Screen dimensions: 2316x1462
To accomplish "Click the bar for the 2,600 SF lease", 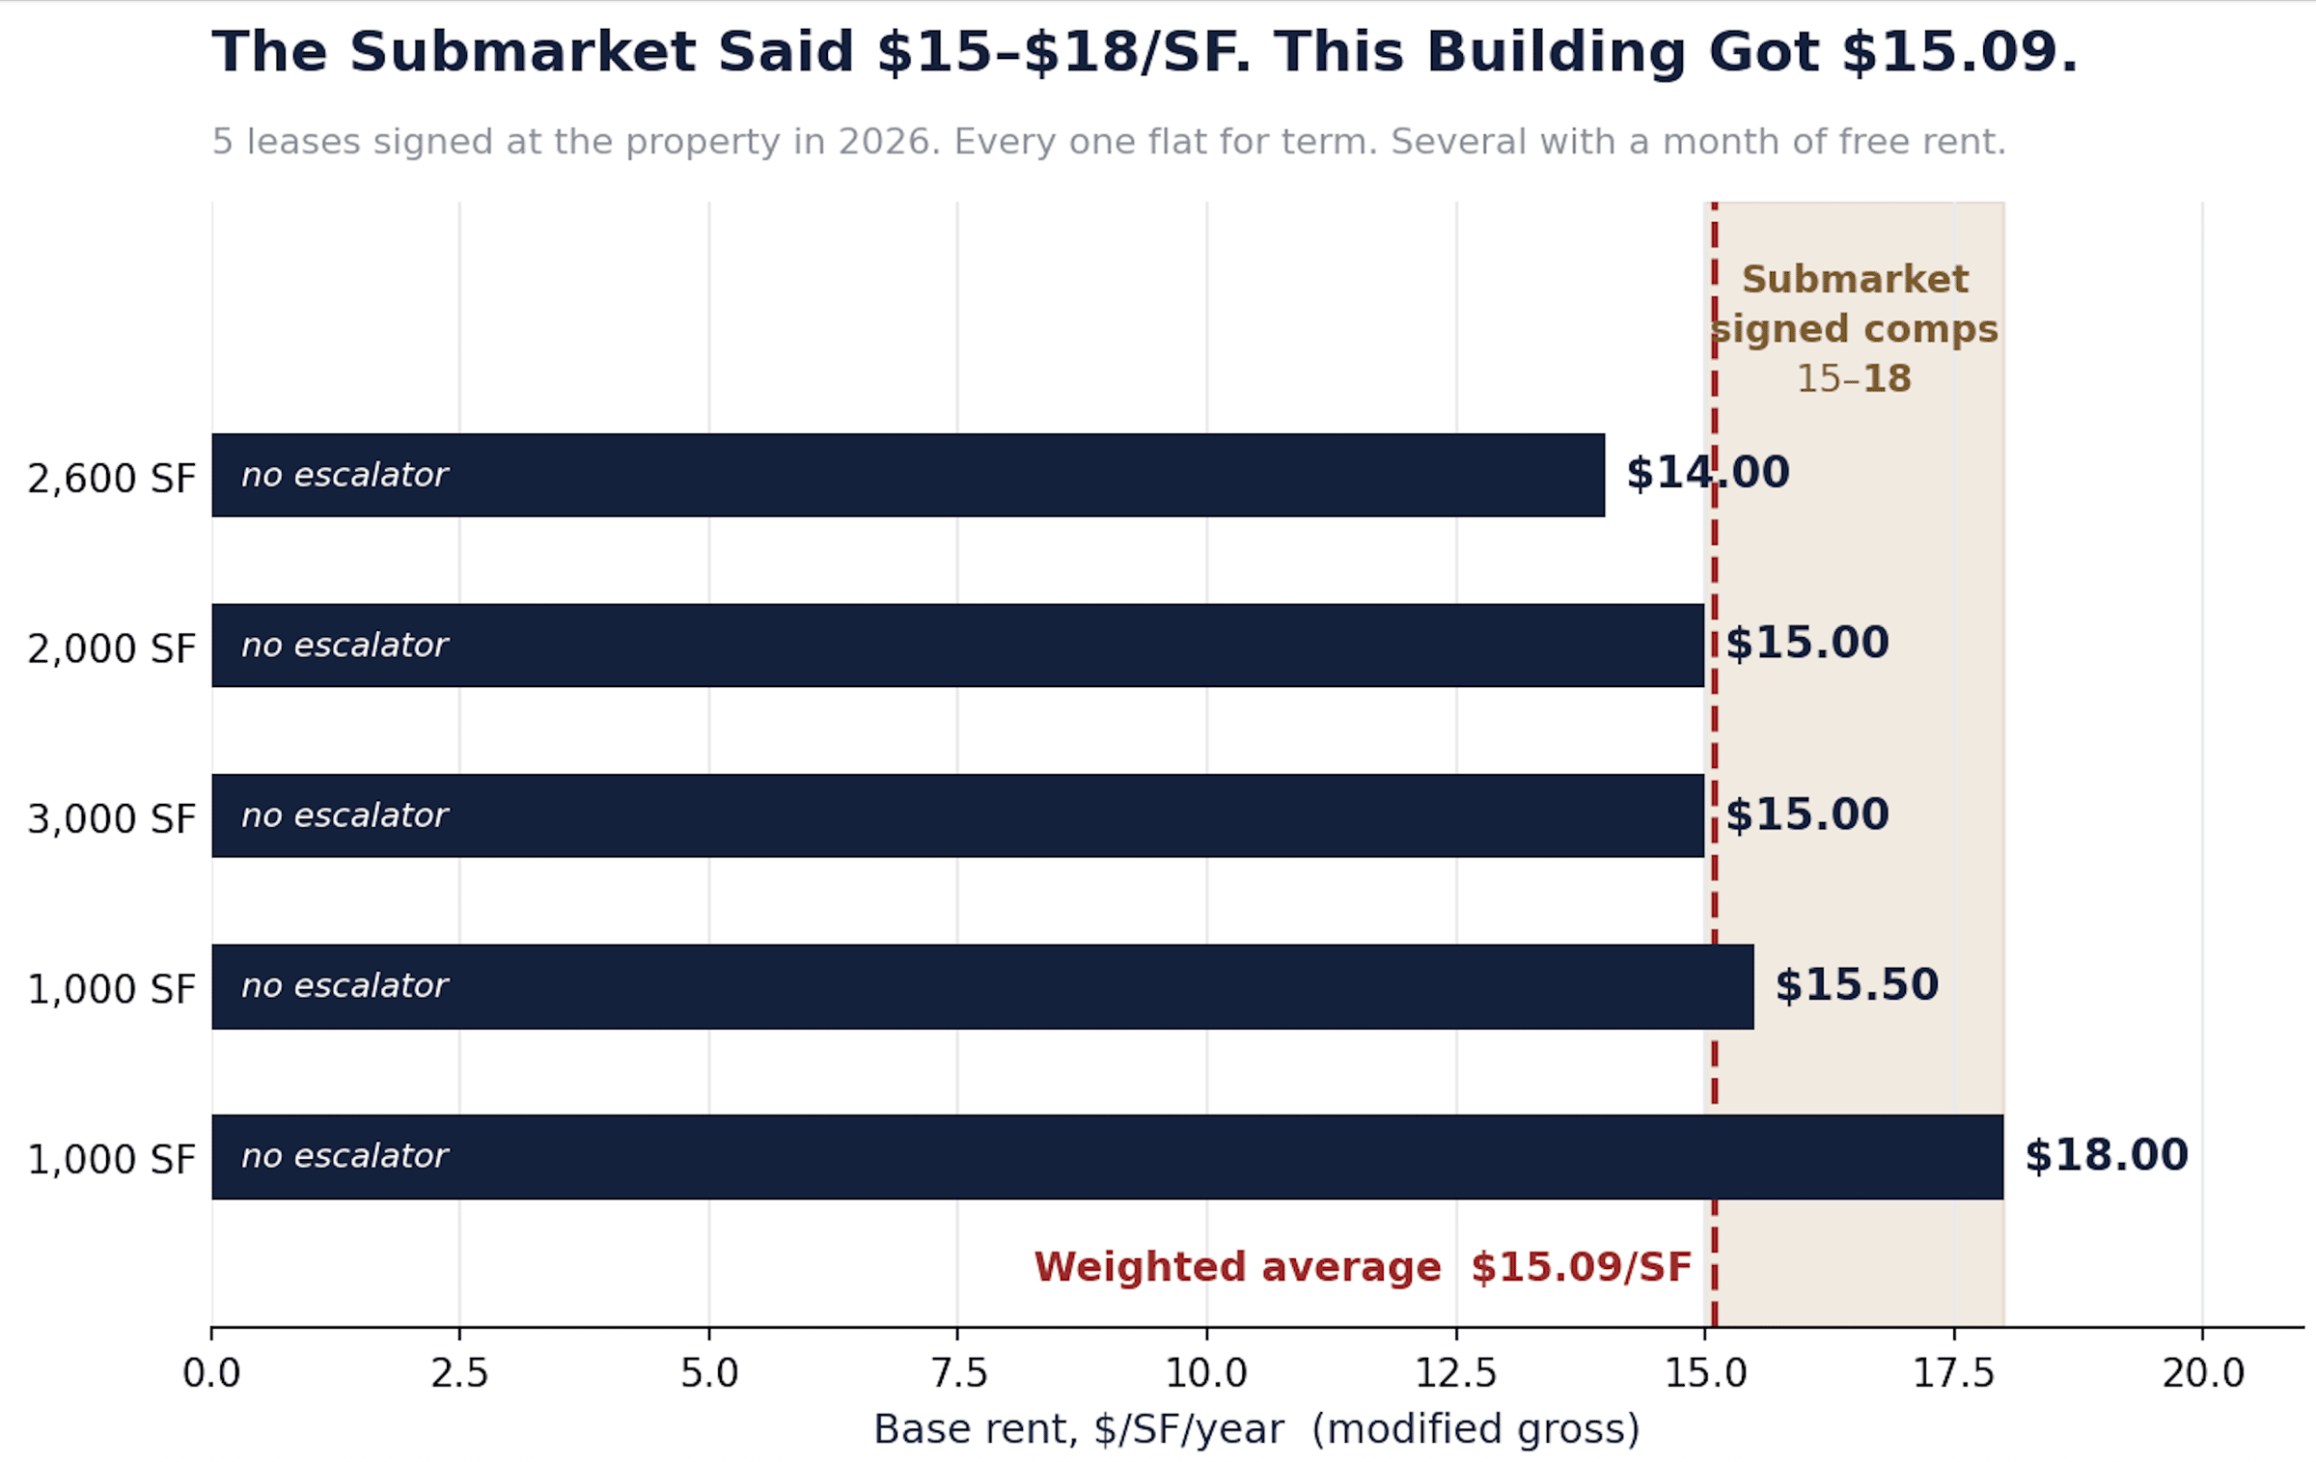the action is click(x=908, y=475).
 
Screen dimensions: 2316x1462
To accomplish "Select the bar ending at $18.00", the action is click(x=1108, y=1156).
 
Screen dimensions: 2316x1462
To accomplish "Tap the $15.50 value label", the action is click(x=1857, y=985).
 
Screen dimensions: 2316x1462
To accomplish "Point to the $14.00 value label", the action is click(x=1708, y=473).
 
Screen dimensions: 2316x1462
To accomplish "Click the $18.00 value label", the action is click(x=2106, y=1155).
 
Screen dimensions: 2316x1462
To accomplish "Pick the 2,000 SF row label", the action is click(x=111, y=648).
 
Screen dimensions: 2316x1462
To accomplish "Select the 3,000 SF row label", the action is click(x=111, y=819).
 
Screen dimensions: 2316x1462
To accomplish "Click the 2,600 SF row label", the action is click(x=111, y=479).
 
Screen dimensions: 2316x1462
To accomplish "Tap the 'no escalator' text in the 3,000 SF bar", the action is click(x=345, y=815).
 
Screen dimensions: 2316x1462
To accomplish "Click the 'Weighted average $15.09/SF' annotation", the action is click(x=1363, y=1267).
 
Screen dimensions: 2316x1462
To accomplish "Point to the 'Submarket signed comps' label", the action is click(x=1854, y=304).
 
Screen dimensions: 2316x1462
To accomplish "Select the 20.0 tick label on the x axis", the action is click(x=2203, y=1372).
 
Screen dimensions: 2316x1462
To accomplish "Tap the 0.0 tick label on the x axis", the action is click(x=211, y=1372).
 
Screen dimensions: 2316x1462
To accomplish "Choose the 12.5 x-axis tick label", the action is click(x=1456, y=1372).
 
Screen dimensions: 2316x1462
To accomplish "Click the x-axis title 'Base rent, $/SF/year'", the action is click(x=1079, y=1429).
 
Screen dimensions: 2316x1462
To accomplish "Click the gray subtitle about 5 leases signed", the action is click(x=1109, y=142).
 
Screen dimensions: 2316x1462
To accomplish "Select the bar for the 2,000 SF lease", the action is click(x=957, y=646).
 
